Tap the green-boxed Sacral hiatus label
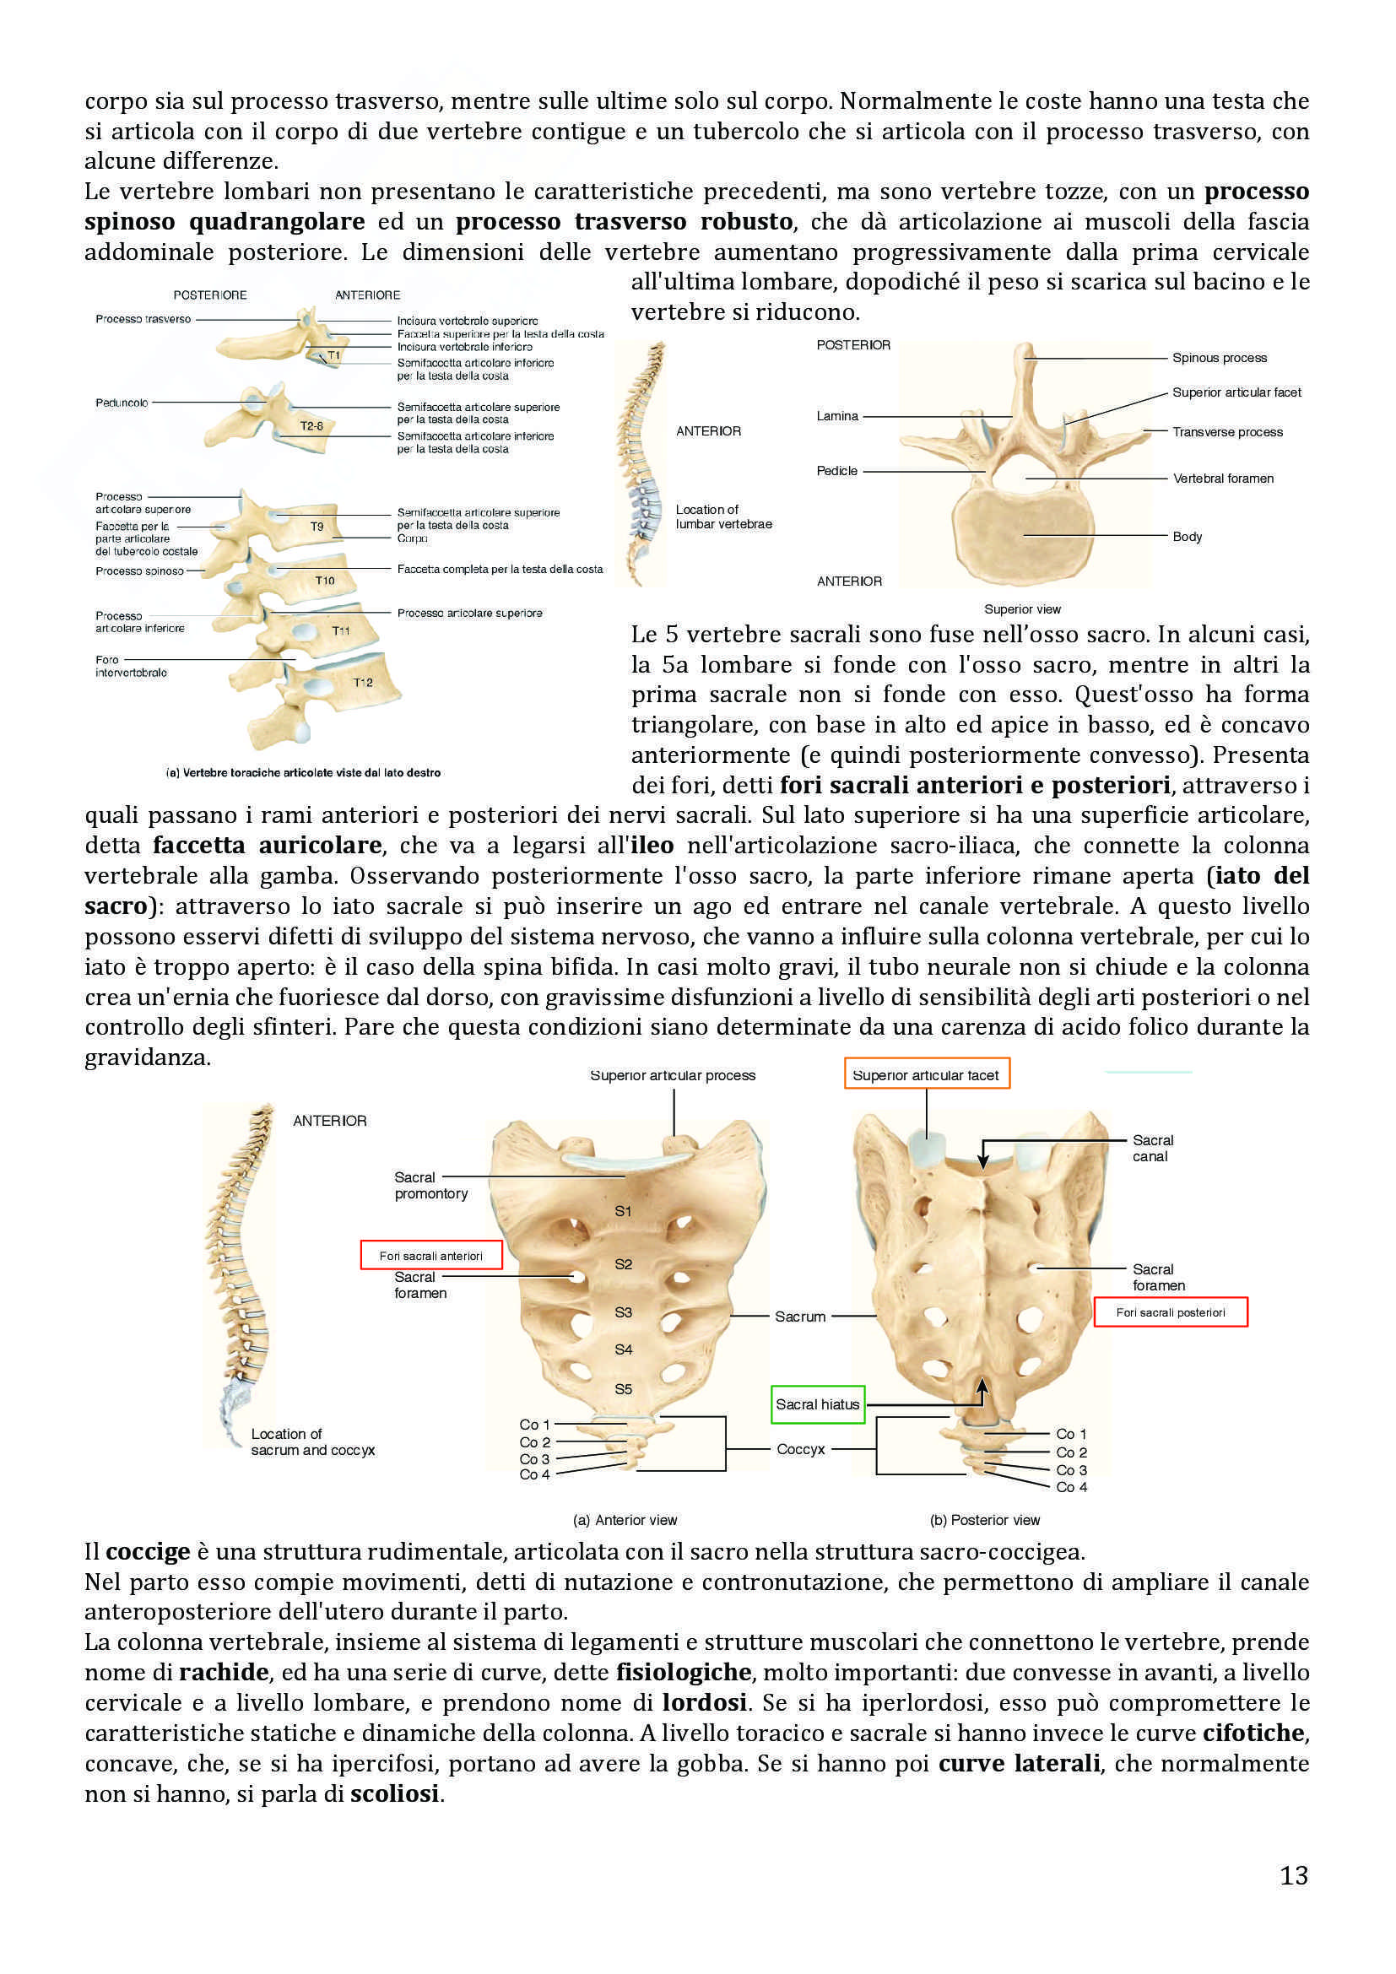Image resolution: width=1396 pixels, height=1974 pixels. click(x=817, y=1404)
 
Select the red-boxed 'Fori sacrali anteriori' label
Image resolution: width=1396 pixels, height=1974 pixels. click(x=430, y=1256)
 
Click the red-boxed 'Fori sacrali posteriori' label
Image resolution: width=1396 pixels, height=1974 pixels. click(x=1170, y=1312)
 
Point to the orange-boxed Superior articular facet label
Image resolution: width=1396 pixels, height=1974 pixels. click(x=926, y=1074)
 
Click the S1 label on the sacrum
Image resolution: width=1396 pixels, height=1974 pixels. click(x=623, y=1210)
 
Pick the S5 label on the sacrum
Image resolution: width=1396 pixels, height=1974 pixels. click(x=623, y=1388)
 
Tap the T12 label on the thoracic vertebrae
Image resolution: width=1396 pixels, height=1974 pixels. click(x=363, y=683)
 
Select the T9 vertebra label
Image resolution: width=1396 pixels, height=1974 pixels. click(x=317, y=526)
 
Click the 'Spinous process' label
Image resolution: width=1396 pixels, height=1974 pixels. click(x=1219, y=358)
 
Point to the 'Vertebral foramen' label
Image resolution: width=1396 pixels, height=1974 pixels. click(x=1222, y=478)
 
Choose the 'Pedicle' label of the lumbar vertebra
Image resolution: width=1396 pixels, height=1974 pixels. click(x=836, y=470)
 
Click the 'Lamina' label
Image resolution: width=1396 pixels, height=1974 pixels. click(x=837, y=416)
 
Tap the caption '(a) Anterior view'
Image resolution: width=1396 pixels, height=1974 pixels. click(x=625, y=1520)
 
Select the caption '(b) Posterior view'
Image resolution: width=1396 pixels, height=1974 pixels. click(x=984, y=1520)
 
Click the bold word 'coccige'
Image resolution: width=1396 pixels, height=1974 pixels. click(x=148, y=1552)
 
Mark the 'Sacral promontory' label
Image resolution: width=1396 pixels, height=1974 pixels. click(x=430, y=1185)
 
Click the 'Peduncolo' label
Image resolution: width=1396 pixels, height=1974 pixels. click(x=122, y=403)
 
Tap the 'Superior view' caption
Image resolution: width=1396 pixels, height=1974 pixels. click(x=1022, y=608)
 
